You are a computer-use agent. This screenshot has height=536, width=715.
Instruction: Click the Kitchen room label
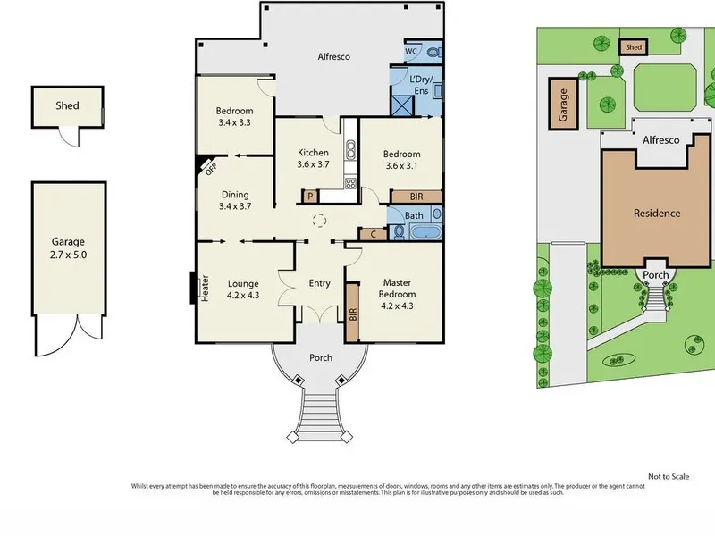point(313,153)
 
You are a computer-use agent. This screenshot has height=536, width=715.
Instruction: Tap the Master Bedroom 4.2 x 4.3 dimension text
point(397,306)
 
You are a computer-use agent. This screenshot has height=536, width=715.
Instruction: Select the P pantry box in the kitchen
point(310,197)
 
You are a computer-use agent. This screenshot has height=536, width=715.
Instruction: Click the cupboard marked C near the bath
point(373,234)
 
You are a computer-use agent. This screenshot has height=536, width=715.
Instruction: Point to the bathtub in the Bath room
point(425,232)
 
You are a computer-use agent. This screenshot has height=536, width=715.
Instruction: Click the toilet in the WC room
point(434,53)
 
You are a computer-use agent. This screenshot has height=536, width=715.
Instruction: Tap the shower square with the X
point(403,105)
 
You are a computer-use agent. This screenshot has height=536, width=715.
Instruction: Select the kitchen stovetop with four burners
point(350,184)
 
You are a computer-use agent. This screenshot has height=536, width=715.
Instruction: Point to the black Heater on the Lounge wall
point(193,288)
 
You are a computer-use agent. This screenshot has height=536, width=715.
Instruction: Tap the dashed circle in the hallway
point(320,221)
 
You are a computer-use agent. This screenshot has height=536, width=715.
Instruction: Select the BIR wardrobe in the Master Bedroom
point(352,313)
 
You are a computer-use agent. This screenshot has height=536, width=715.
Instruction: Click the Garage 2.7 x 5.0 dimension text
point(69,255)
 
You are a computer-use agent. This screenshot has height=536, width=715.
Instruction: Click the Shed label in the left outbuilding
point(67,105)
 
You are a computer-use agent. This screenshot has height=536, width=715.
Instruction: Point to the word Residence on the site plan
point(657,214)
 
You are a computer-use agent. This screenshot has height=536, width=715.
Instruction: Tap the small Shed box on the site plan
point(634,47)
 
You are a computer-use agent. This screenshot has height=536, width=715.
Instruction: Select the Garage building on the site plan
point(563,105)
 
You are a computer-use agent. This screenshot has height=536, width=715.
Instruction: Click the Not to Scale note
point(669,477)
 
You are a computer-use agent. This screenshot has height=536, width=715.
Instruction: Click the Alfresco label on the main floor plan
point(333,57)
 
